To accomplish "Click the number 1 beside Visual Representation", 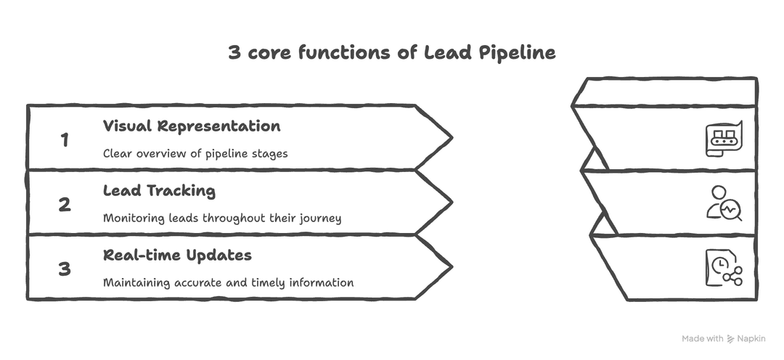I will point(65,139).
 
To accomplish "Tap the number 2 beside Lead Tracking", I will point(65,204).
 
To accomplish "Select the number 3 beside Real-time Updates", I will point(65,269).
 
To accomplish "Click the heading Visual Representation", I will point(192,126).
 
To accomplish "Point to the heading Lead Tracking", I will point(159,191).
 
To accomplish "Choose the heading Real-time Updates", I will point(177,255).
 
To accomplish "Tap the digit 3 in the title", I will point(234,53).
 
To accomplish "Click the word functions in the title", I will point(331,53).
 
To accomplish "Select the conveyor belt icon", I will point(724,137).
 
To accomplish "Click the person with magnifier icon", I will point(724,202).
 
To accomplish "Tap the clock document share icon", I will point(724,267).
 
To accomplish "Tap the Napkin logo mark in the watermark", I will point(731,339).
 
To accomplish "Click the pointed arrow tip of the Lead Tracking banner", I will point(449,202).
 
